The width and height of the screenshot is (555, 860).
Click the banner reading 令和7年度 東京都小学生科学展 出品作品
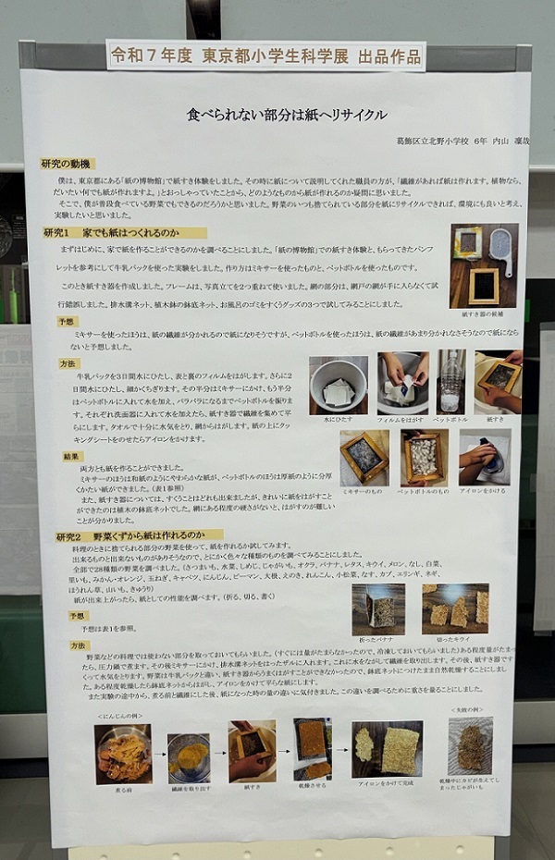266,55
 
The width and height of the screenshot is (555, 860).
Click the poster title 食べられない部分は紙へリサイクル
287,115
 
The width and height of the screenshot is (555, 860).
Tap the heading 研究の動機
68,164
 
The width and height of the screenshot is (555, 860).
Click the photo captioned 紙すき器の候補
485,264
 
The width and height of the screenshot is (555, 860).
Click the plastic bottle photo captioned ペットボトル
451,381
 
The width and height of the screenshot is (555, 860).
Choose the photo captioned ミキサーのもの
364,455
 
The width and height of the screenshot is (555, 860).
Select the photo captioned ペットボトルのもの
424,457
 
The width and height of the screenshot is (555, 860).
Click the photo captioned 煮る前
123,754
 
